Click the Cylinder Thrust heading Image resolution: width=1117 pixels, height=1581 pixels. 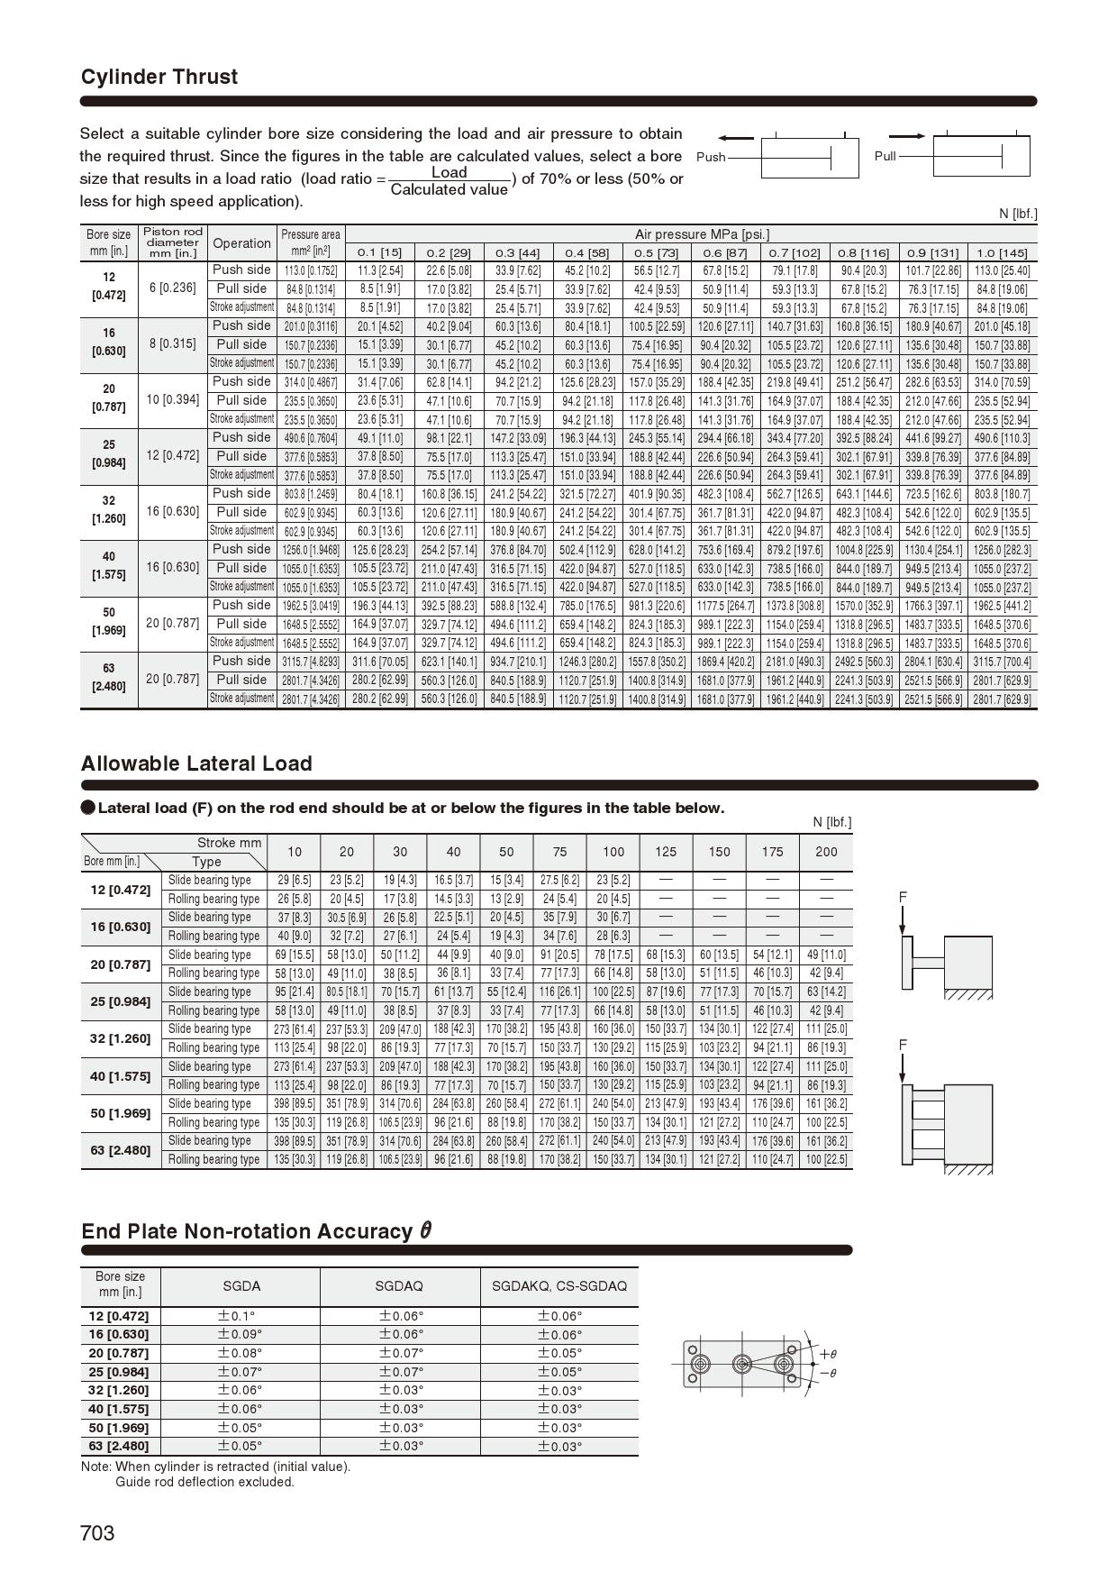tap(159, 78)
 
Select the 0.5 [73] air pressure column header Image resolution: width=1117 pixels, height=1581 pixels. tap(656, 252)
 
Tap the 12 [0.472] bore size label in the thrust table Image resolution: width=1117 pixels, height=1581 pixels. tap(109, 287)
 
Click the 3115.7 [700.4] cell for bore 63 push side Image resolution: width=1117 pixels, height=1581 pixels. tap(1002, 662)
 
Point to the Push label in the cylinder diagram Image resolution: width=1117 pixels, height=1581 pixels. tap(711, 157)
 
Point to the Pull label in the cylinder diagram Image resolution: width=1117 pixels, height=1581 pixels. tap(885, 156)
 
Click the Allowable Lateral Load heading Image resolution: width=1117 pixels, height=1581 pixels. tap(196, 763)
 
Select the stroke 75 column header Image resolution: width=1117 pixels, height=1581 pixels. tap(559, 852)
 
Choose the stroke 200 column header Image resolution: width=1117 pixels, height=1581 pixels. tap(825, 852)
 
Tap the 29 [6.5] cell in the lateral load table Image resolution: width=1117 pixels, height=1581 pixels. tap(295, 880)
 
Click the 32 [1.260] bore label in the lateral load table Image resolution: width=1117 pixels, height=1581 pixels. tap(120, 1038)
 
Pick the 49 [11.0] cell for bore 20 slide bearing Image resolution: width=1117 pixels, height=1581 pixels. tap(825, 955)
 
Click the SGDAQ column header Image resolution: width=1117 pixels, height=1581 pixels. tap(399, 1286)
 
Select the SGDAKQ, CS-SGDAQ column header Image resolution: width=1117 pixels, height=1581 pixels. tap(558, 1286)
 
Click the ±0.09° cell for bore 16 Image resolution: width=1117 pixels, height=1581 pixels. tap(240, 1335)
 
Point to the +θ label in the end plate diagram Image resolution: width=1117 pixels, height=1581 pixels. tap(828, 1354)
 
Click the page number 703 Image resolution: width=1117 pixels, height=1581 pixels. tap(98, 1533)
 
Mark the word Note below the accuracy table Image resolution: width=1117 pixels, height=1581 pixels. tap(95, 1467)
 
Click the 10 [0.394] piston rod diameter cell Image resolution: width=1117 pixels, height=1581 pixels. tap(172, 400)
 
